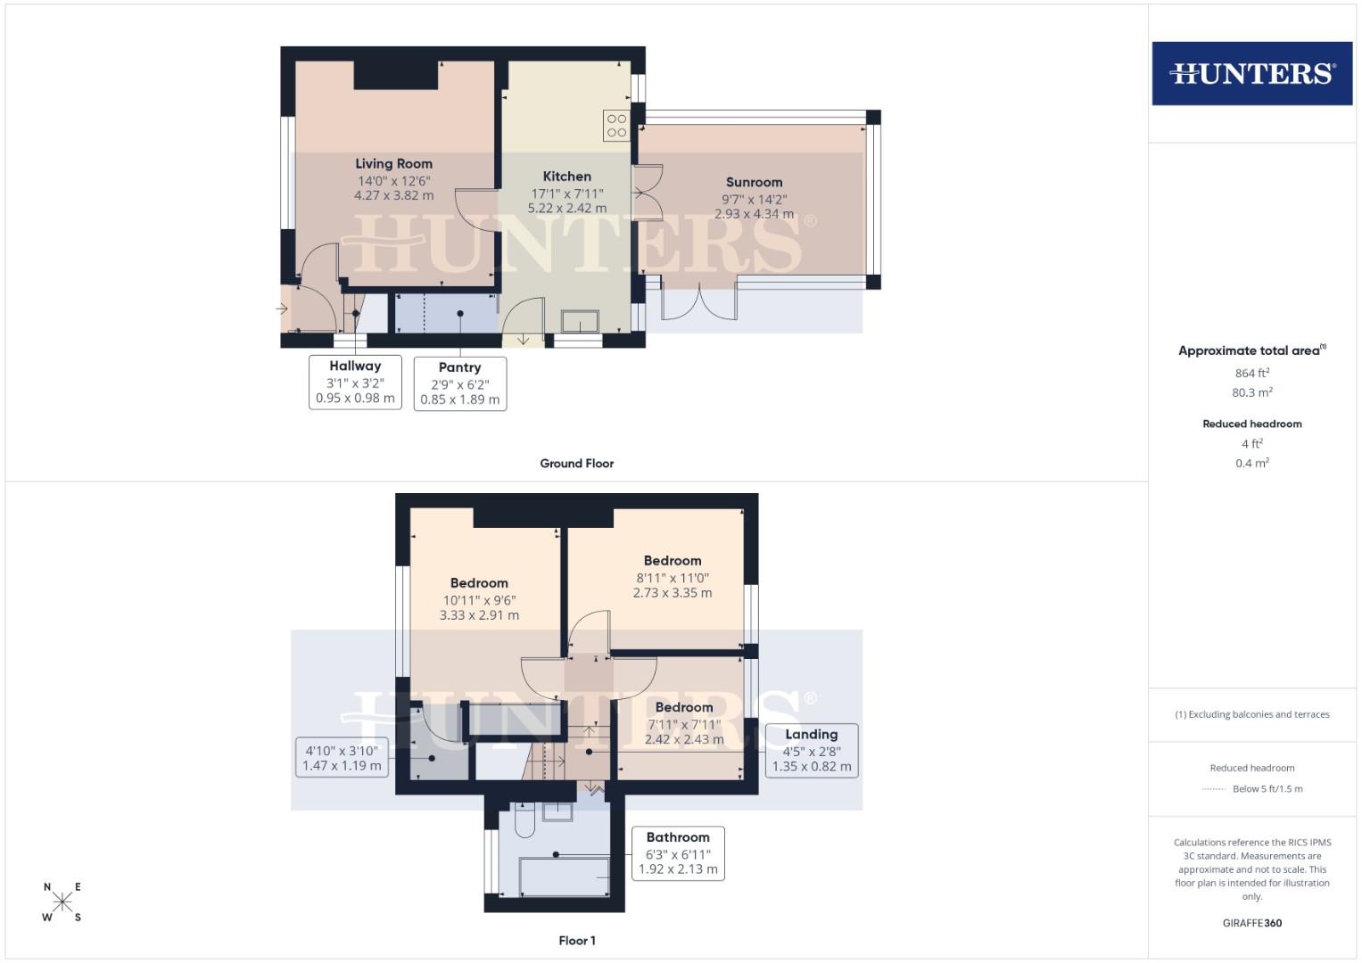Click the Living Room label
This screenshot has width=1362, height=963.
(393, 163)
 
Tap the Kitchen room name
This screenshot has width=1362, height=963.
(567, 177)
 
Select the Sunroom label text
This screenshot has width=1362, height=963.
(754, 182)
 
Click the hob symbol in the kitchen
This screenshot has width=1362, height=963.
(616, 125)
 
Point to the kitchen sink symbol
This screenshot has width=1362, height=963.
(580, 320)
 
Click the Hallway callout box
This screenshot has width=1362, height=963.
(355, 382)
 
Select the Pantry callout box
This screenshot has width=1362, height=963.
(460, 383)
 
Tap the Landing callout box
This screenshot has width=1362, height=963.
(811, 750)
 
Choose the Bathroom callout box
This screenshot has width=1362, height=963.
(678, 852)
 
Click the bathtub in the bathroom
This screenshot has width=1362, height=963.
(565, 877)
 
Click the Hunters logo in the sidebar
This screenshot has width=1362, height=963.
(1251, 73)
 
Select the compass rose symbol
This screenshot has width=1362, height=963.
(62, 901)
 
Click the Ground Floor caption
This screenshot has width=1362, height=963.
(576, 464)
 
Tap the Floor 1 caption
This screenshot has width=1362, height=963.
(577, 941)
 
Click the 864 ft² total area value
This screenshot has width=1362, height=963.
(1251, 373)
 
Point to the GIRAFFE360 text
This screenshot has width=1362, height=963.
(1251, 923)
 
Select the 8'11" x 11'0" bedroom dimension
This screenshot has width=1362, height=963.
(673, 578)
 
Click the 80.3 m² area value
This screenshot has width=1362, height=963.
(1251, 392)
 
